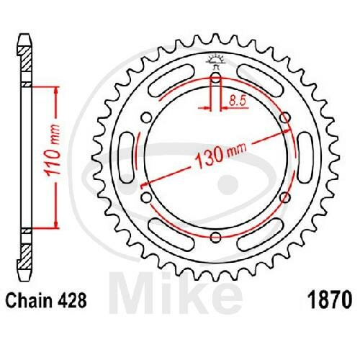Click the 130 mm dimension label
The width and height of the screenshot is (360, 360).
tap(221, 156)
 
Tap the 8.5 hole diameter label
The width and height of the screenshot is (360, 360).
tap(238, 101)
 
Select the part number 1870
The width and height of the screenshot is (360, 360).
tap(330, 300)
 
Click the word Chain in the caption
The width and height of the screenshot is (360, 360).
tap(29, 300)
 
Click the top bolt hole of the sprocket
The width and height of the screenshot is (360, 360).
tap(216, 78)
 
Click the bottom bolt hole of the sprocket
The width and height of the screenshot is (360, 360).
tap(216, 237)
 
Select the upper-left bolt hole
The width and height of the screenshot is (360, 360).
tap(147, 118)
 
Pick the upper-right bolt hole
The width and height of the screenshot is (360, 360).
tap(285, 118)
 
